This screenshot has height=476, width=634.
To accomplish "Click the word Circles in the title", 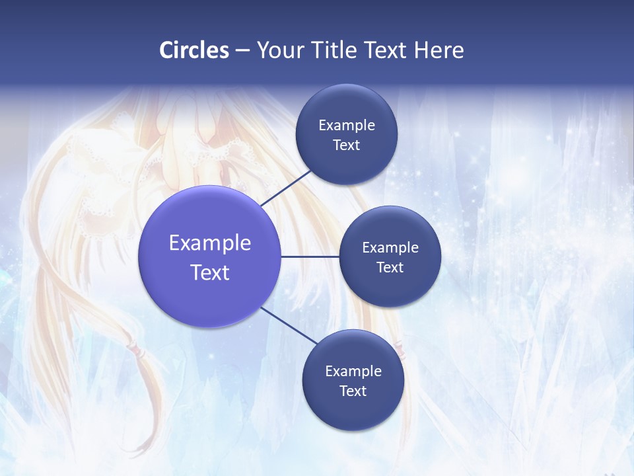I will pyautogui.click(x=194, y=50).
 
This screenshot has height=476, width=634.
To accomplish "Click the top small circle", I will pyautogui.click(x=346, y=106).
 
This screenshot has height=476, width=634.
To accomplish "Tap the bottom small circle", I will pyautogui.click(x=353, y=413).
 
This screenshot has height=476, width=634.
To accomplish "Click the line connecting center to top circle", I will pyautogui.click(x=287, y=187).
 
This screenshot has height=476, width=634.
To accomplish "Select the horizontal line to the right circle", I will pyautogui.click(x=310, y=257).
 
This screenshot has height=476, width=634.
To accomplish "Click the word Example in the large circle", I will pyautogui.click(x=210, y=243).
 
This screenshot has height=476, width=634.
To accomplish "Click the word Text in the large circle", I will pyautogui.click(x=210, y=272).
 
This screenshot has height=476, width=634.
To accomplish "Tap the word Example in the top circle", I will pyautogui.click(x=346, y=125).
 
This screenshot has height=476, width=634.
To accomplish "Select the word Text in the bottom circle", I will pyautogui.click(x=353, y=391).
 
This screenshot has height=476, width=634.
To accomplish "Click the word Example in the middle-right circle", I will pyautogui.click(x=390, y=247).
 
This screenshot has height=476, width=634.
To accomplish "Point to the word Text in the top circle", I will pyautogui.click(x=346, y=145).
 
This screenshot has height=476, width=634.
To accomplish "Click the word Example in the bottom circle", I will pyautogui.click(x=353, y=371).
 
